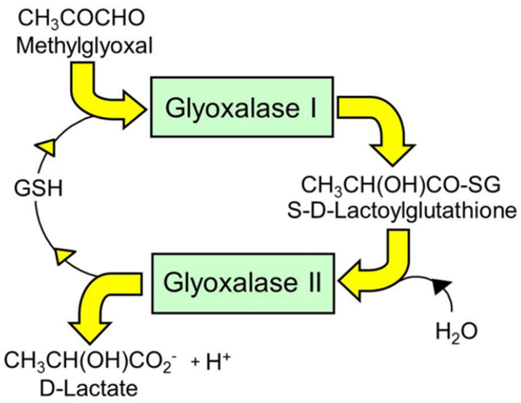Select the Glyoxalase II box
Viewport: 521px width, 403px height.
pyautogui.click(x=243, y=283)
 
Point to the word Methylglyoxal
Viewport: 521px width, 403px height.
pyautogui.click(x=84, y=46)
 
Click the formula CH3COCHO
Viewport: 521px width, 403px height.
pyautogui.click(x=81, y=19)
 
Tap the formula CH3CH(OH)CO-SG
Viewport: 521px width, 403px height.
pyautogui.click(x=400, y=185)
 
